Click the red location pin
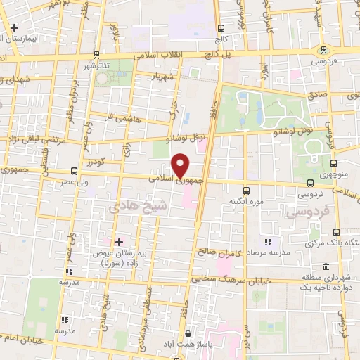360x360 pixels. pos(181,165)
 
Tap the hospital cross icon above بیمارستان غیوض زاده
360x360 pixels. pos(119,241)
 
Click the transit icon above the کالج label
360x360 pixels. pos(221,29)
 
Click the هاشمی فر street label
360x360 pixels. pos(127,118)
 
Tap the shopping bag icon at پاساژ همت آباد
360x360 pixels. pos(186,333)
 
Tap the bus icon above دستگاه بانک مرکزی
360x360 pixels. pos(336,231)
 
